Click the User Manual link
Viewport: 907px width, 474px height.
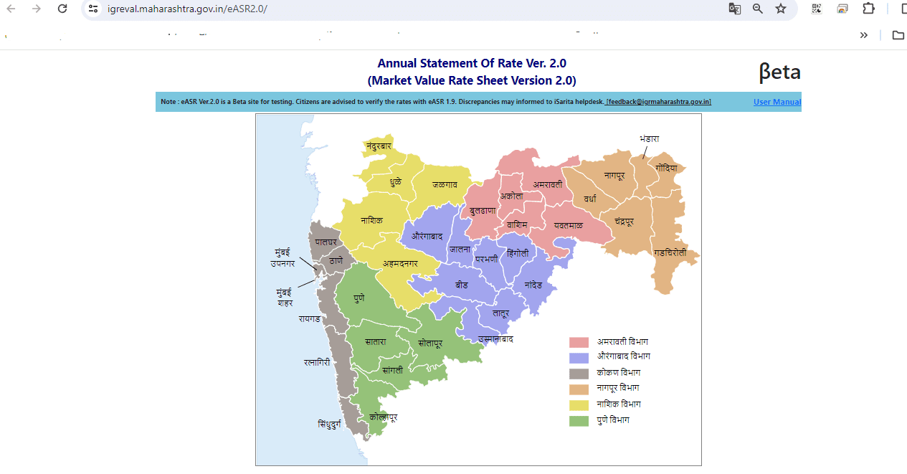click(x=777, y=102)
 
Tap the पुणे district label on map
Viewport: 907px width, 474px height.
click(x=359, y=298)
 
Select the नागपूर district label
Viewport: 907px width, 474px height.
click(x=614, y=175)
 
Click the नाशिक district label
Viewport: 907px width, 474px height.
click(x=371, y=221)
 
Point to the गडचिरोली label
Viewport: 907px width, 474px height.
click(x=670, y=253)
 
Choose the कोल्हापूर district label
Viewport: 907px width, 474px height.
click(x=383, y=417)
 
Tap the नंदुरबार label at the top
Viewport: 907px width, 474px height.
click(x=379, y=146)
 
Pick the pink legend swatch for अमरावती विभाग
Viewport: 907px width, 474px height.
click(x=579, y=343)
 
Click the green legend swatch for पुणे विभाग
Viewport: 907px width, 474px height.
click(x=579, y=421)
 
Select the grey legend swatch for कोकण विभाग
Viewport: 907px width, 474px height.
click(x=579, y=374)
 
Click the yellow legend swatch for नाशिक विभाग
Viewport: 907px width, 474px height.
click(x=579, y=405)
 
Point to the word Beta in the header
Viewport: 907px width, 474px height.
click(x=779, y=72)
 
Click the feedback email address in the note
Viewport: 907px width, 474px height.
click(x=658, y=102)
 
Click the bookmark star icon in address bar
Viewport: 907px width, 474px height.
click(x=781, y=9)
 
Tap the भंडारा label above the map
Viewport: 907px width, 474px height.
click(x=650, y=138)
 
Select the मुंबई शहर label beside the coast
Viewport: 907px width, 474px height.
click(x=285, y=298)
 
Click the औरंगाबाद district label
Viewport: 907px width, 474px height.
click(x=427, y=235)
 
